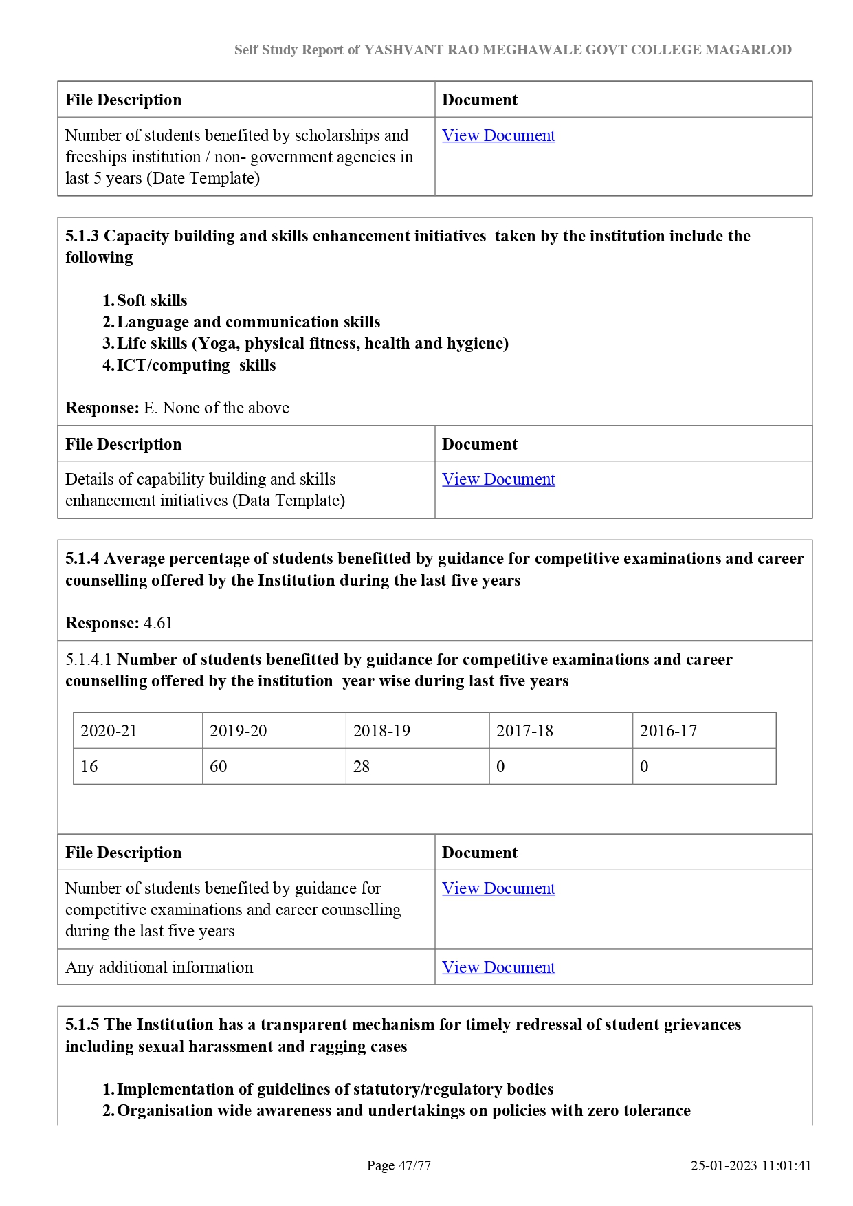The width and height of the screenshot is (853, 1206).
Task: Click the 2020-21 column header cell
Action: [x=109, y=731]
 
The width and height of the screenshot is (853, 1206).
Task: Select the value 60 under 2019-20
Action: [x=219, y=767]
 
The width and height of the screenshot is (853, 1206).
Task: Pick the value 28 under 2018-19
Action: [x=362, y=767]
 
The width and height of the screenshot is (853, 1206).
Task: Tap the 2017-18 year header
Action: [x=524, y=731]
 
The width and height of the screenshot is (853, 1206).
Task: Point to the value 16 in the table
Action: [x=89, y=767]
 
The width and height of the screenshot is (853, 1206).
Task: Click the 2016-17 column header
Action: [x=668, y=731]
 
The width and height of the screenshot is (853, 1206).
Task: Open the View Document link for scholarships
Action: [x=498, y=135]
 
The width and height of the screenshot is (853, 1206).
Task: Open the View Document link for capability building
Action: [x=498, y=479]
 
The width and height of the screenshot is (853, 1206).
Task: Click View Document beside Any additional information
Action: [x=498, y=967]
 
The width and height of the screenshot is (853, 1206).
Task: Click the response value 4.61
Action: [x=158, y=623]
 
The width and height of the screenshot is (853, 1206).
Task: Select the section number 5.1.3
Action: [x=82, y=236]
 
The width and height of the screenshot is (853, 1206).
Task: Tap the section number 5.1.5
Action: [x=82, y=1024]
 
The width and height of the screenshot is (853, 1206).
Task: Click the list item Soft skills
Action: [x=152, y=300]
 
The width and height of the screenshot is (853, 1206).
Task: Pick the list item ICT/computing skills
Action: [x=196, y=365]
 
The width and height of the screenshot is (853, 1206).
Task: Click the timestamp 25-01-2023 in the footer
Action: [x=723, y=1165]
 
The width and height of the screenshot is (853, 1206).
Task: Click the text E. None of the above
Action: [x=216, y=408]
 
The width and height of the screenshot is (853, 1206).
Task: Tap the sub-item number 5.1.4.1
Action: [x=89, y=659]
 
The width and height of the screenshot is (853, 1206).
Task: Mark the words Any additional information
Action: [x=159, y=967]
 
